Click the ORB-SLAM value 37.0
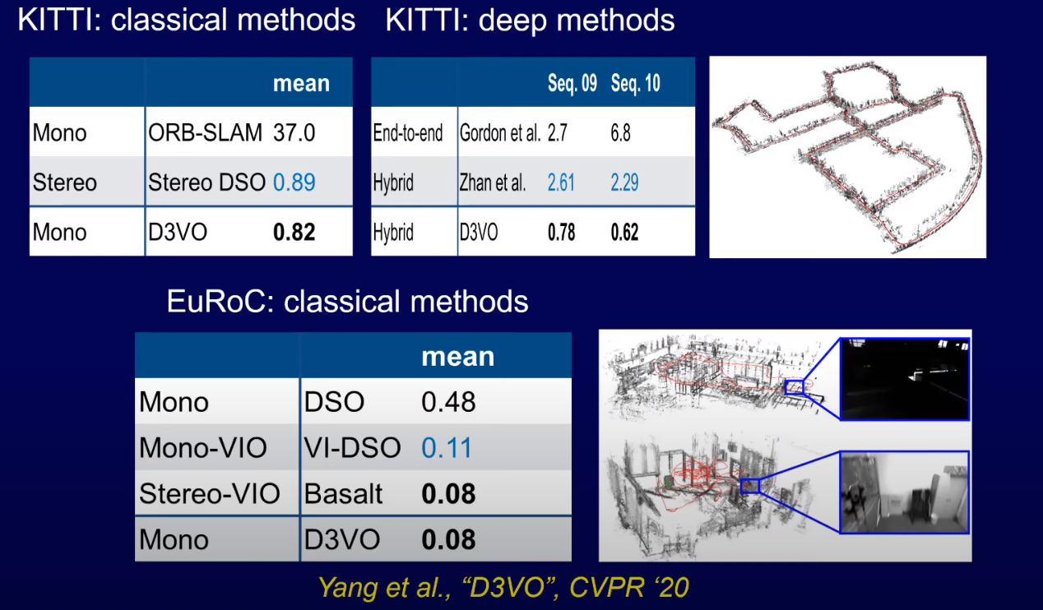(x=294, y=132)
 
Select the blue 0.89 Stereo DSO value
(x=294, y=182)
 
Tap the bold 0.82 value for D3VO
(x=294, y=232)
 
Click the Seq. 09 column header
(x=572, y=83)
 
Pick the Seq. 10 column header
(x=635, y=83)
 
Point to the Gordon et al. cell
(x=500, y=133)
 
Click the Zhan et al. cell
(x=493, y=183)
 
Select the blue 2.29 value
(x=624, y=183)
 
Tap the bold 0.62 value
(x=624, y=232)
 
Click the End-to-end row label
(x=407, y=133)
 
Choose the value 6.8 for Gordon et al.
(x=620, y=133)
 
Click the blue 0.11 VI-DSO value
(x=446, y=447)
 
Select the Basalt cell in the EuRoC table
(x=343, y=494)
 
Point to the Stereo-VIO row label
(x=210, y=494)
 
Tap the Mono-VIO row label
(x=203, y=447)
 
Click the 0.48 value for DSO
(x=448, y=402)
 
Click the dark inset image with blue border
(x=905, y=379)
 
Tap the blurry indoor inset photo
(x=905, y=492)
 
